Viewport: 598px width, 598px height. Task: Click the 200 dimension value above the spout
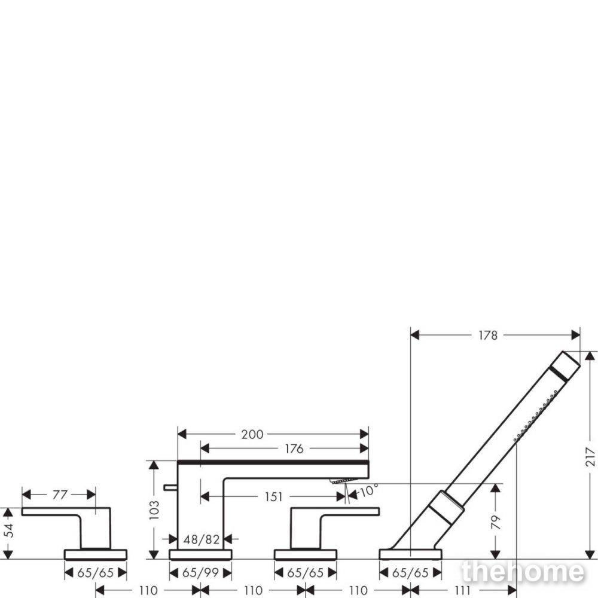252,434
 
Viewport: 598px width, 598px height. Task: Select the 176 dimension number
294,449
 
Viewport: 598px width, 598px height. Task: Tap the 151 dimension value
273,497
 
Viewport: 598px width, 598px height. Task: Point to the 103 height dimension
154,510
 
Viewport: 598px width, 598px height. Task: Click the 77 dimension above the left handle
60,495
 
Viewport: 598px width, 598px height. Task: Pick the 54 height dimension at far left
9,530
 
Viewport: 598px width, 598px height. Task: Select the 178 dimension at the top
488,335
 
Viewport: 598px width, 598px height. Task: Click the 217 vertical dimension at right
590,456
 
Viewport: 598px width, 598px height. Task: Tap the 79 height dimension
495,522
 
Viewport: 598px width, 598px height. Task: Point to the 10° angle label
369,490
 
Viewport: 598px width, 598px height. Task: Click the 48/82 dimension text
202,539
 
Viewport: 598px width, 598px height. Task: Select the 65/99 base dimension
200,572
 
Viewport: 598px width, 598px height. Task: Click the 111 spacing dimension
463,591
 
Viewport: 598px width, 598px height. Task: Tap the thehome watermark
523,572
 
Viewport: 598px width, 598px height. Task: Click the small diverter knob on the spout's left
170,487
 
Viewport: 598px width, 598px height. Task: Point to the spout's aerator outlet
344,481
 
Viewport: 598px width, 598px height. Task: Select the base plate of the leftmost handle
95,554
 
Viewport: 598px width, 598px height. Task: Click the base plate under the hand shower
410,554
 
